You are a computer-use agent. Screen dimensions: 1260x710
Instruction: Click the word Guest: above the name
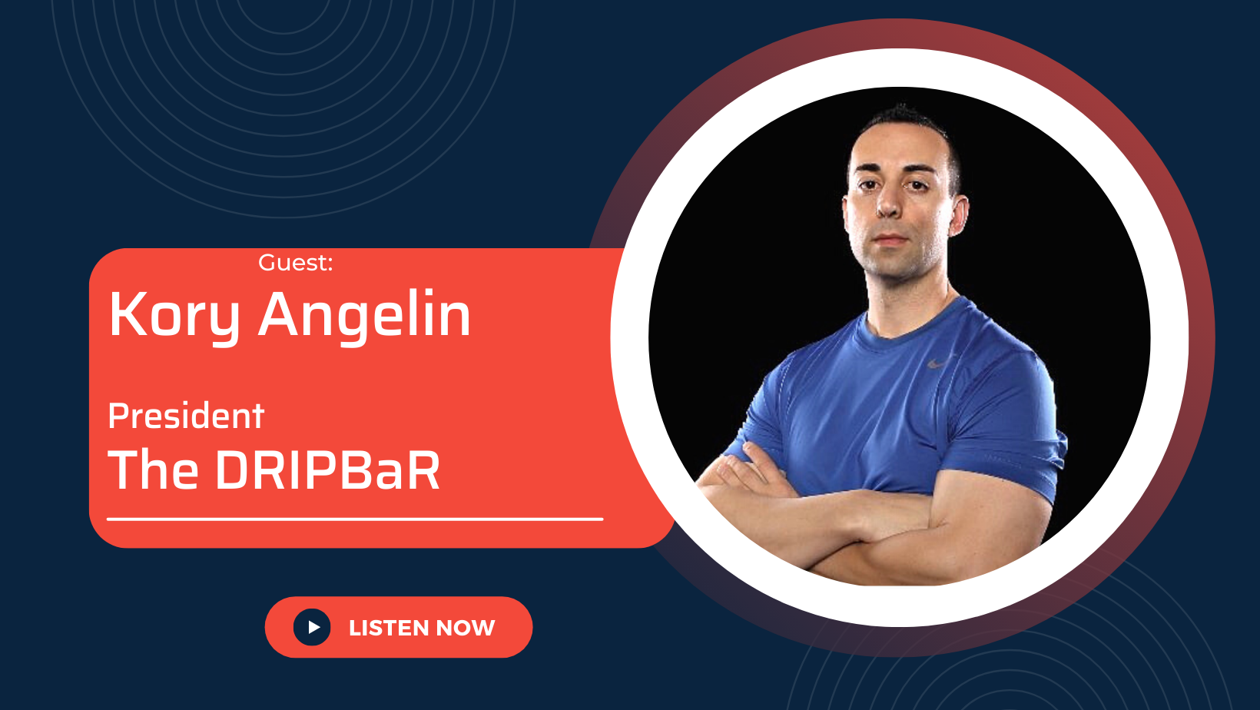pos(295,263)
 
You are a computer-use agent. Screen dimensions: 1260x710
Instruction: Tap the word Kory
pos(174,317)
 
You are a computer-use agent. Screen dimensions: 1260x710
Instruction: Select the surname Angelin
pos(364,317)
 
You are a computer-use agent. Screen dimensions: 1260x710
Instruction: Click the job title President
pos(186,416)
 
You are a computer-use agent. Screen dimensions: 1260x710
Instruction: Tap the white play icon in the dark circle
pos(314,627)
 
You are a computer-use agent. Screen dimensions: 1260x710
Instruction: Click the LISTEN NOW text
pos(422,628)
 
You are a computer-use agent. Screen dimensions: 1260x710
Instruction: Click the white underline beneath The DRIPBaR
pos(355,519)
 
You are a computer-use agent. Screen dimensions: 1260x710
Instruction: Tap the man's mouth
pos(891,239)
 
